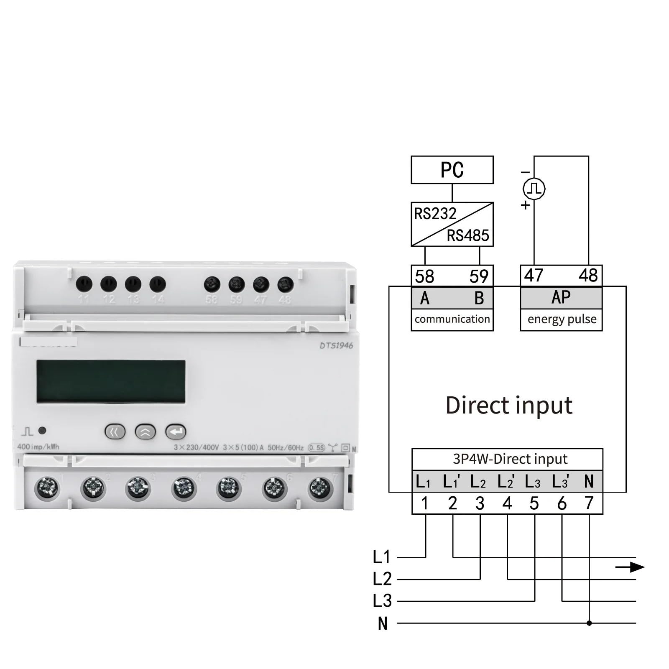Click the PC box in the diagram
point(452,170)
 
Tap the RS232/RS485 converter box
point(452,224)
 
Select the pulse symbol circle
point(534,189)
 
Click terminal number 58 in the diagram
point(424,276)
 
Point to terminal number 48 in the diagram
point(588,276)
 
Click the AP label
point(561,297)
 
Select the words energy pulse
point(562,319)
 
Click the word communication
point(452,319)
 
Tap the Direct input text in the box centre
point(509,406)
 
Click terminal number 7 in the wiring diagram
point(589,503)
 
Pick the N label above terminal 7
point(589,482)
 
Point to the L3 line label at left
point(382,601)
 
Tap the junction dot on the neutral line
point(589,623)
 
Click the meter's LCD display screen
point(111,381)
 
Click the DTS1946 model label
point(336,346)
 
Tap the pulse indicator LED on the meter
point(42,430)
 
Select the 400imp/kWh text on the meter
point(38,447)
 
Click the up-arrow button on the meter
point(145,432)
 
